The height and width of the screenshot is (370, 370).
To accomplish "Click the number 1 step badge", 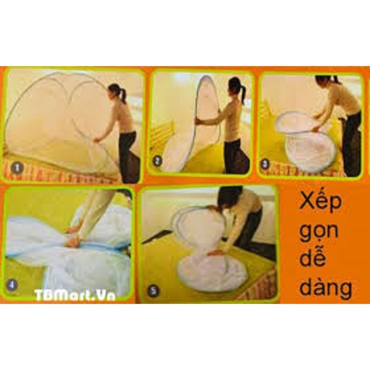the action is [16, 168].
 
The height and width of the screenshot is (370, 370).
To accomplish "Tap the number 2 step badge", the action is [157, 161].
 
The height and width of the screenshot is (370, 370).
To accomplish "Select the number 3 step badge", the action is [265, 164].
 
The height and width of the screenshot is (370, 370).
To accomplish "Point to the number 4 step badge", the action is [12, 285].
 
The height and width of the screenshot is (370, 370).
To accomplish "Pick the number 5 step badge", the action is [154, 291].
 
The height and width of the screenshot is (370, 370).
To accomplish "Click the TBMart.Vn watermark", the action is [74, 295].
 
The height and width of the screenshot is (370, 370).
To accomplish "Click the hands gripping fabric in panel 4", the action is [73, 236].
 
